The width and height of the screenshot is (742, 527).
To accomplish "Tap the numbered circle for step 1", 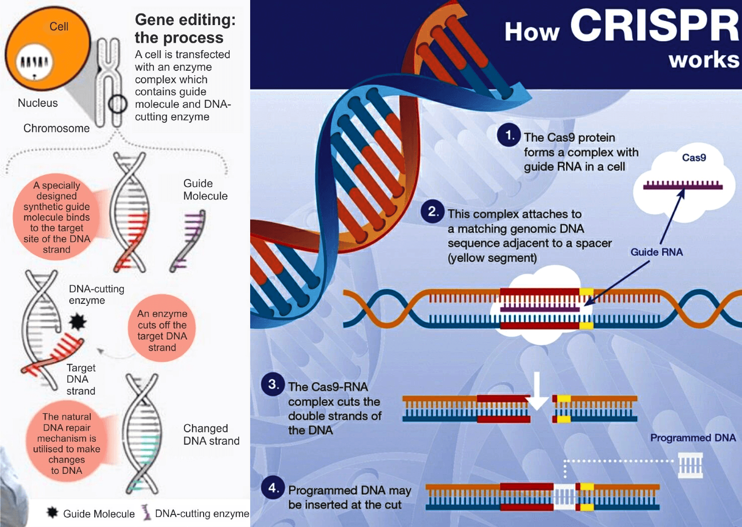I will coord(509,135).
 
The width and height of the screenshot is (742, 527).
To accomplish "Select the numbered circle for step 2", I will coord(433,212).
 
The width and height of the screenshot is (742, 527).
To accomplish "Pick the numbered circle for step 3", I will coord(273,385).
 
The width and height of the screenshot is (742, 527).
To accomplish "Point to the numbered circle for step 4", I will coord(273,487).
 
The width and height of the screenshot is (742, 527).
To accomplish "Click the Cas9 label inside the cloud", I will coord(694,157).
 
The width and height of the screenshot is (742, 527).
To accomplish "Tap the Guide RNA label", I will coord(656,252).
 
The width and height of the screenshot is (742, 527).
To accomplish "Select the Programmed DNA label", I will coord(693,438).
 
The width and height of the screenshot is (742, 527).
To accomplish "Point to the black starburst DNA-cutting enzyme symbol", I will coord(77,321).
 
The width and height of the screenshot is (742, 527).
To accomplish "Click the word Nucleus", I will coord(38,103).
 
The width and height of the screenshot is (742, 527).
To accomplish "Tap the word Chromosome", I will coord(57,128).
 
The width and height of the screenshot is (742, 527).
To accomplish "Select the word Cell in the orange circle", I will coord(59,27).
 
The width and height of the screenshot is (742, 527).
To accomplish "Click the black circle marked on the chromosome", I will coord(117,104).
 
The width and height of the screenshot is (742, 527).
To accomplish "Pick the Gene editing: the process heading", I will coord(185,29).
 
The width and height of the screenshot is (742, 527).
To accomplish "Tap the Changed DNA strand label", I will coord(211,435).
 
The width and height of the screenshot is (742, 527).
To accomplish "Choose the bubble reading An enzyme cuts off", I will coord(162,330).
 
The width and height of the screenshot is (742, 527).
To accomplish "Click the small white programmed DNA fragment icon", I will coord(690,465).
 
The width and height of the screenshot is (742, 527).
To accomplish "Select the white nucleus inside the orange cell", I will coord(34,63).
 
